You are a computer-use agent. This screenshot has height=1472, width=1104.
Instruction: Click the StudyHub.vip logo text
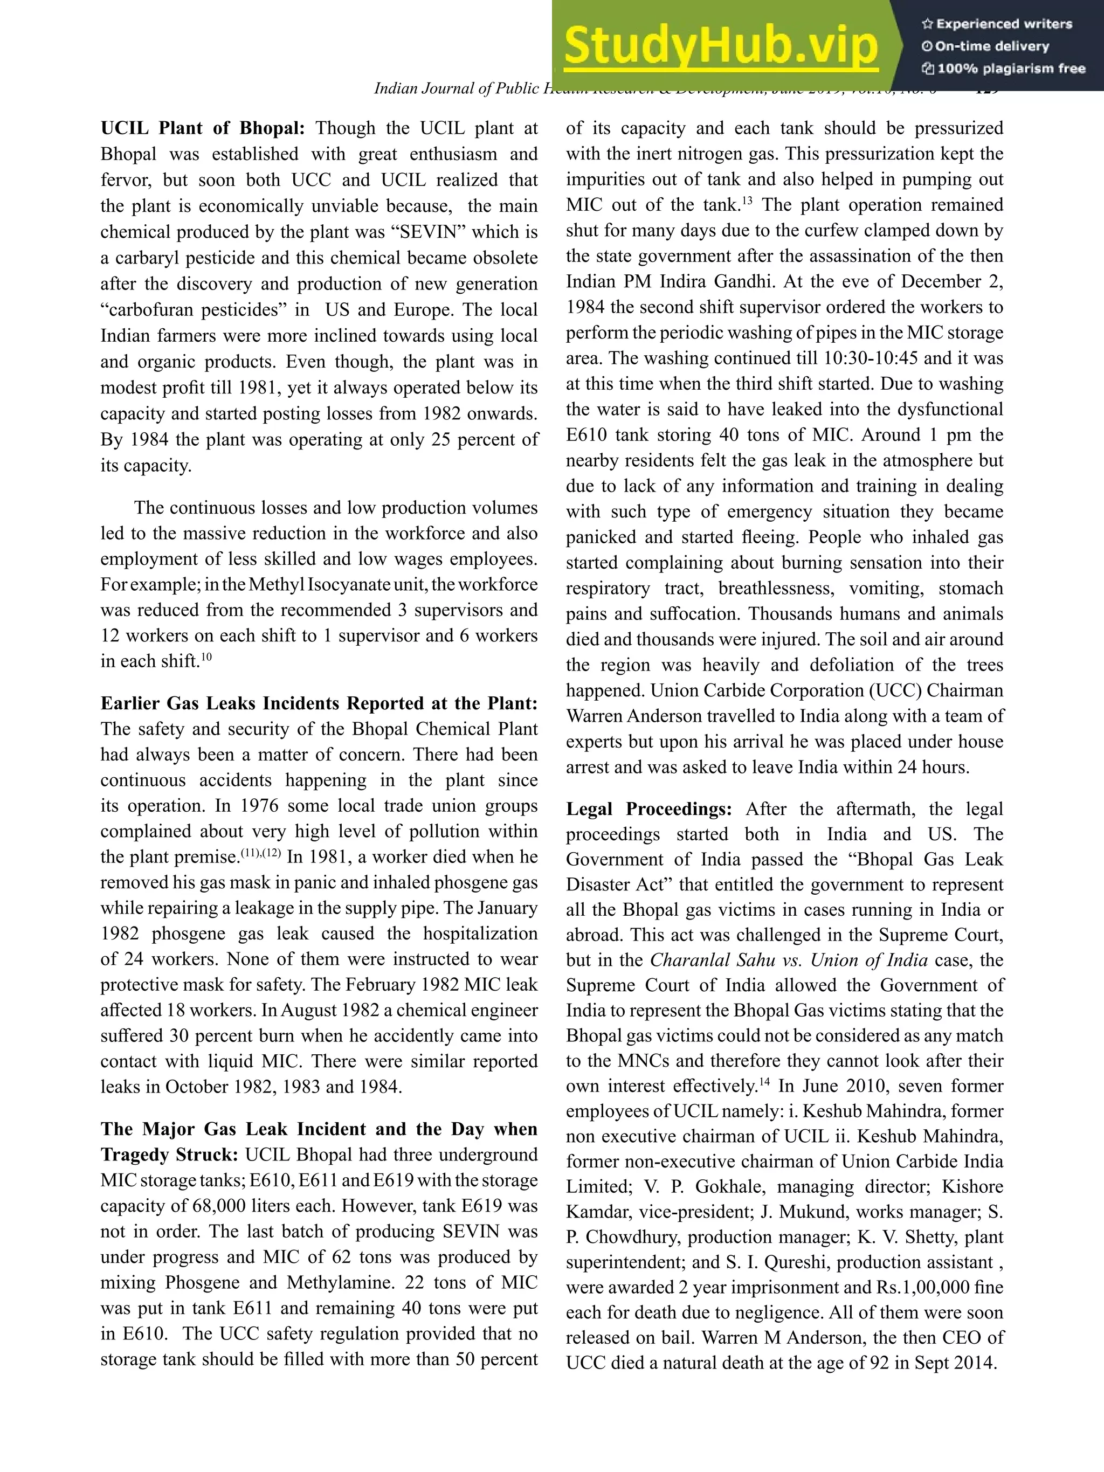pos(721,45)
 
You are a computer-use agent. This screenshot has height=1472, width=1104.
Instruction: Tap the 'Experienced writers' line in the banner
pos(997,24)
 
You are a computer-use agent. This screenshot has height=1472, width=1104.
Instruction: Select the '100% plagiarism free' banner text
pos(1004,68)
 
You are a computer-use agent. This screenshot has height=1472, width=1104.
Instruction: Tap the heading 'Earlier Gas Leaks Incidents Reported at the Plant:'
pos(319,703)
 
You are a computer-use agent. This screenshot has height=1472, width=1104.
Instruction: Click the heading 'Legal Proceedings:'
pos(649,809)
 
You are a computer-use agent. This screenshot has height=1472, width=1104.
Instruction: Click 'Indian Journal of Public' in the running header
pos(458,88)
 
